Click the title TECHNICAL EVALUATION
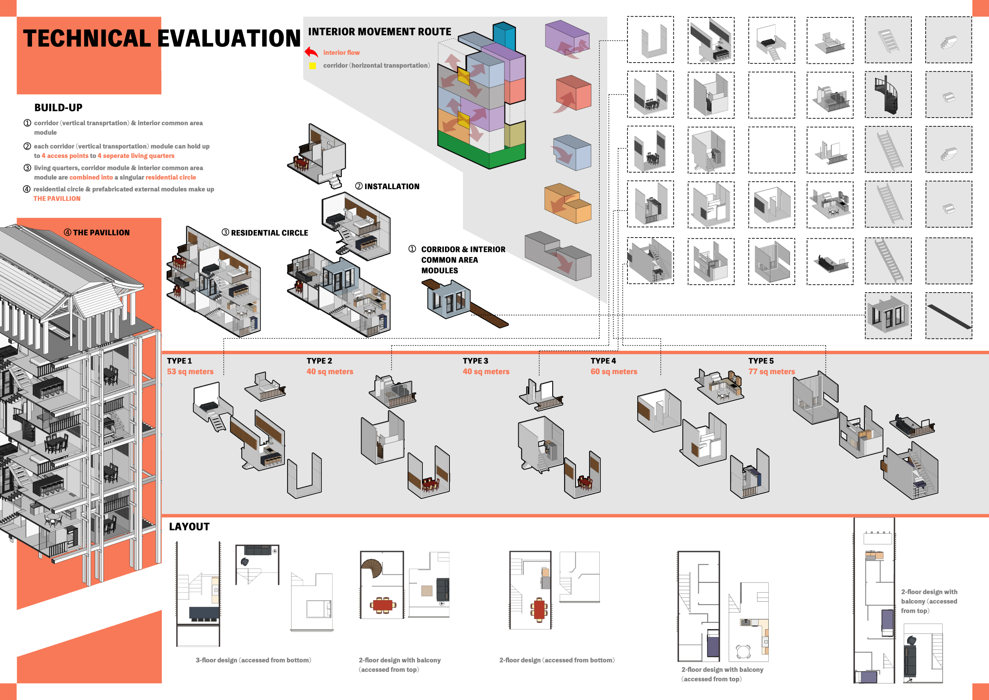161,38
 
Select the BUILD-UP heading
58,107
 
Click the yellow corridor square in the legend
312,65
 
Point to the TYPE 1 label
179,361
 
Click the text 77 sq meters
771,371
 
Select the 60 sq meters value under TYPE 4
614,371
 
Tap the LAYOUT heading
189,526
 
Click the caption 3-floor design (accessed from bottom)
253,660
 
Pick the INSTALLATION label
391,186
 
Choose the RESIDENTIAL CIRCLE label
269,233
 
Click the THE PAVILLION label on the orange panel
101,232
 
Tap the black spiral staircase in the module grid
887,95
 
